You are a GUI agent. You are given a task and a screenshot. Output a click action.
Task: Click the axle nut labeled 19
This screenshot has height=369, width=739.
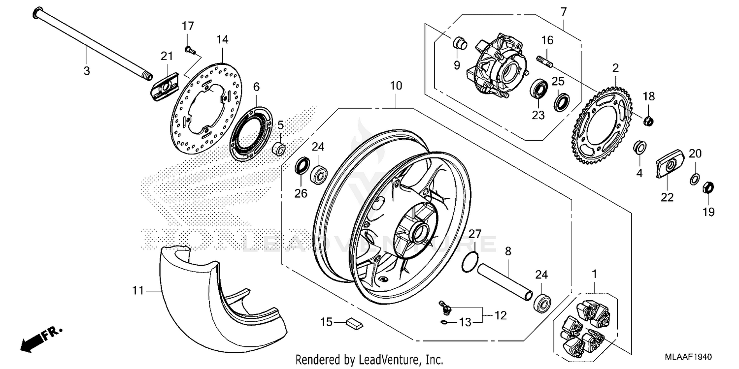click(x=705, y=187)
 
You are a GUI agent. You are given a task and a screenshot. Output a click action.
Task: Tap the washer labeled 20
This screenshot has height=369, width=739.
click(x=693, y=178)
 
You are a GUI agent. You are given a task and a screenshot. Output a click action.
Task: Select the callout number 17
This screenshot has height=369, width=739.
click(x=189, y=26)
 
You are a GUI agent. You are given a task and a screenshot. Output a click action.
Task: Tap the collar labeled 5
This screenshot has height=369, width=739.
click(x=279, y=148)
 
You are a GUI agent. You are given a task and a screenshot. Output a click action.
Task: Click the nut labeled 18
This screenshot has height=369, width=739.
click(x=649, y=120)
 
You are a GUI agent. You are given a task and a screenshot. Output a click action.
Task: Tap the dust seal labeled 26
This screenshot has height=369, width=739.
click(x=301, y=166)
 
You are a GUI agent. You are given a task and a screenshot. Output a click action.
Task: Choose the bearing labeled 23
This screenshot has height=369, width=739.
click(x=539, y=91)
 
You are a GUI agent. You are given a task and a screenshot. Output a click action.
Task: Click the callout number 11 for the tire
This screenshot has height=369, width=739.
click(x=137, y=291)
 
